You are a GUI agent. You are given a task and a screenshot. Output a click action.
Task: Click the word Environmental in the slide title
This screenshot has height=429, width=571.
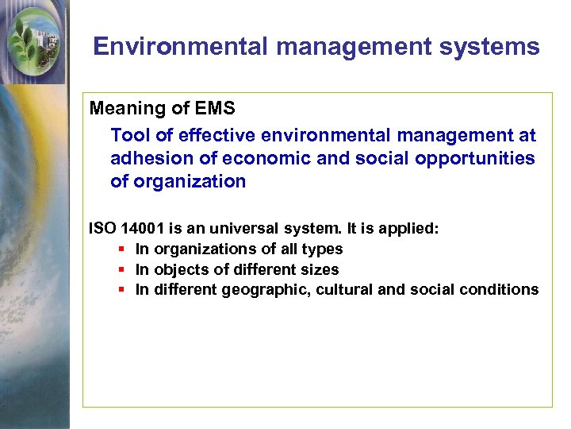tap(181, 47)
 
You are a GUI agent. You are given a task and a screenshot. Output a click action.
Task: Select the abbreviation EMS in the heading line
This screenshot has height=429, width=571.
tap(216, 108)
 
